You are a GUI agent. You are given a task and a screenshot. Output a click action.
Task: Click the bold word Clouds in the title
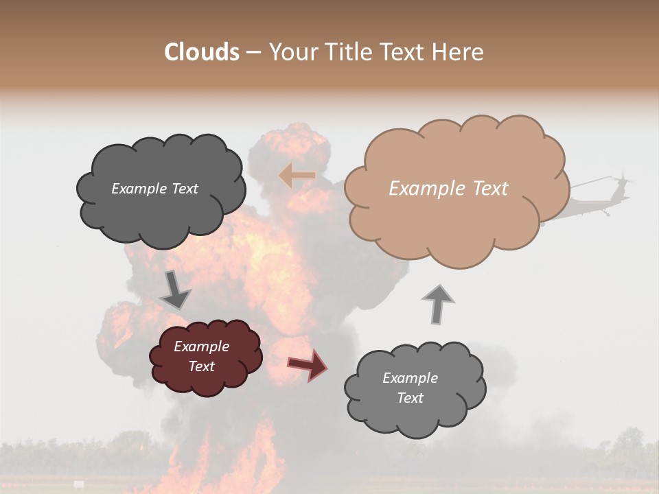(x=202, y=52)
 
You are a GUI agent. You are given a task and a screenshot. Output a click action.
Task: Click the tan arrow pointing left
(x=297, y=176)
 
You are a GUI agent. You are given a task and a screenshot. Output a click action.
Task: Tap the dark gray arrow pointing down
(x=175, y=290)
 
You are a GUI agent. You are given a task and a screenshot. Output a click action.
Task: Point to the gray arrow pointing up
(x=437, y=303)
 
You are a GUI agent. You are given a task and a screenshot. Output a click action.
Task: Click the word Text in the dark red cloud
(x=202, y=366)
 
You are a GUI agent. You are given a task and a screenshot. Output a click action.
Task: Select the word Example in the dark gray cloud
(x=137, y=189)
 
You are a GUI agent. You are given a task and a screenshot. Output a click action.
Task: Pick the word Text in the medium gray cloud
(x=410, y=398)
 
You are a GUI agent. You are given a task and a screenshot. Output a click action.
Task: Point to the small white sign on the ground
(x=79, y=484)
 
